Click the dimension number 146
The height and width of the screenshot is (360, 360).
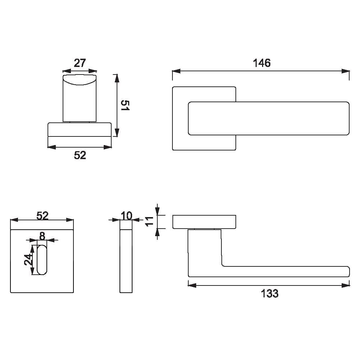261,63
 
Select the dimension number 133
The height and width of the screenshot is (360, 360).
270,293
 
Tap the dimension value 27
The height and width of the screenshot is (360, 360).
80,63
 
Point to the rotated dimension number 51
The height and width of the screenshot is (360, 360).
125,105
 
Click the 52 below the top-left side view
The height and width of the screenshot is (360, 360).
80,155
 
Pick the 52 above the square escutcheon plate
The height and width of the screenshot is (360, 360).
42,216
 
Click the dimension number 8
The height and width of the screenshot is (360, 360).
42,236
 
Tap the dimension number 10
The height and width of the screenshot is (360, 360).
126,216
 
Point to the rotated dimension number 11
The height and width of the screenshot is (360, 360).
149,221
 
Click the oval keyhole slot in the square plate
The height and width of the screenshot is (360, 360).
42,260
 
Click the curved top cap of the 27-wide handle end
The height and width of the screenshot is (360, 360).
80,80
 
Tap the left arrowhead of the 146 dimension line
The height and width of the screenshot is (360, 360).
176,71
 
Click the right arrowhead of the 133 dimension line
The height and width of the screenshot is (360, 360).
346,285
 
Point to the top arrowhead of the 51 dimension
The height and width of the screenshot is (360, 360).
117,78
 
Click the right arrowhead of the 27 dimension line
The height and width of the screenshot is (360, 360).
92,71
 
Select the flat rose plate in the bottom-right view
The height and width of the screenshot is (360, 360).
204,222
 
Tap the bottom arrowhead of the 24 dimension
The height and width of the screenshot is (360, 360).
32,271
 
